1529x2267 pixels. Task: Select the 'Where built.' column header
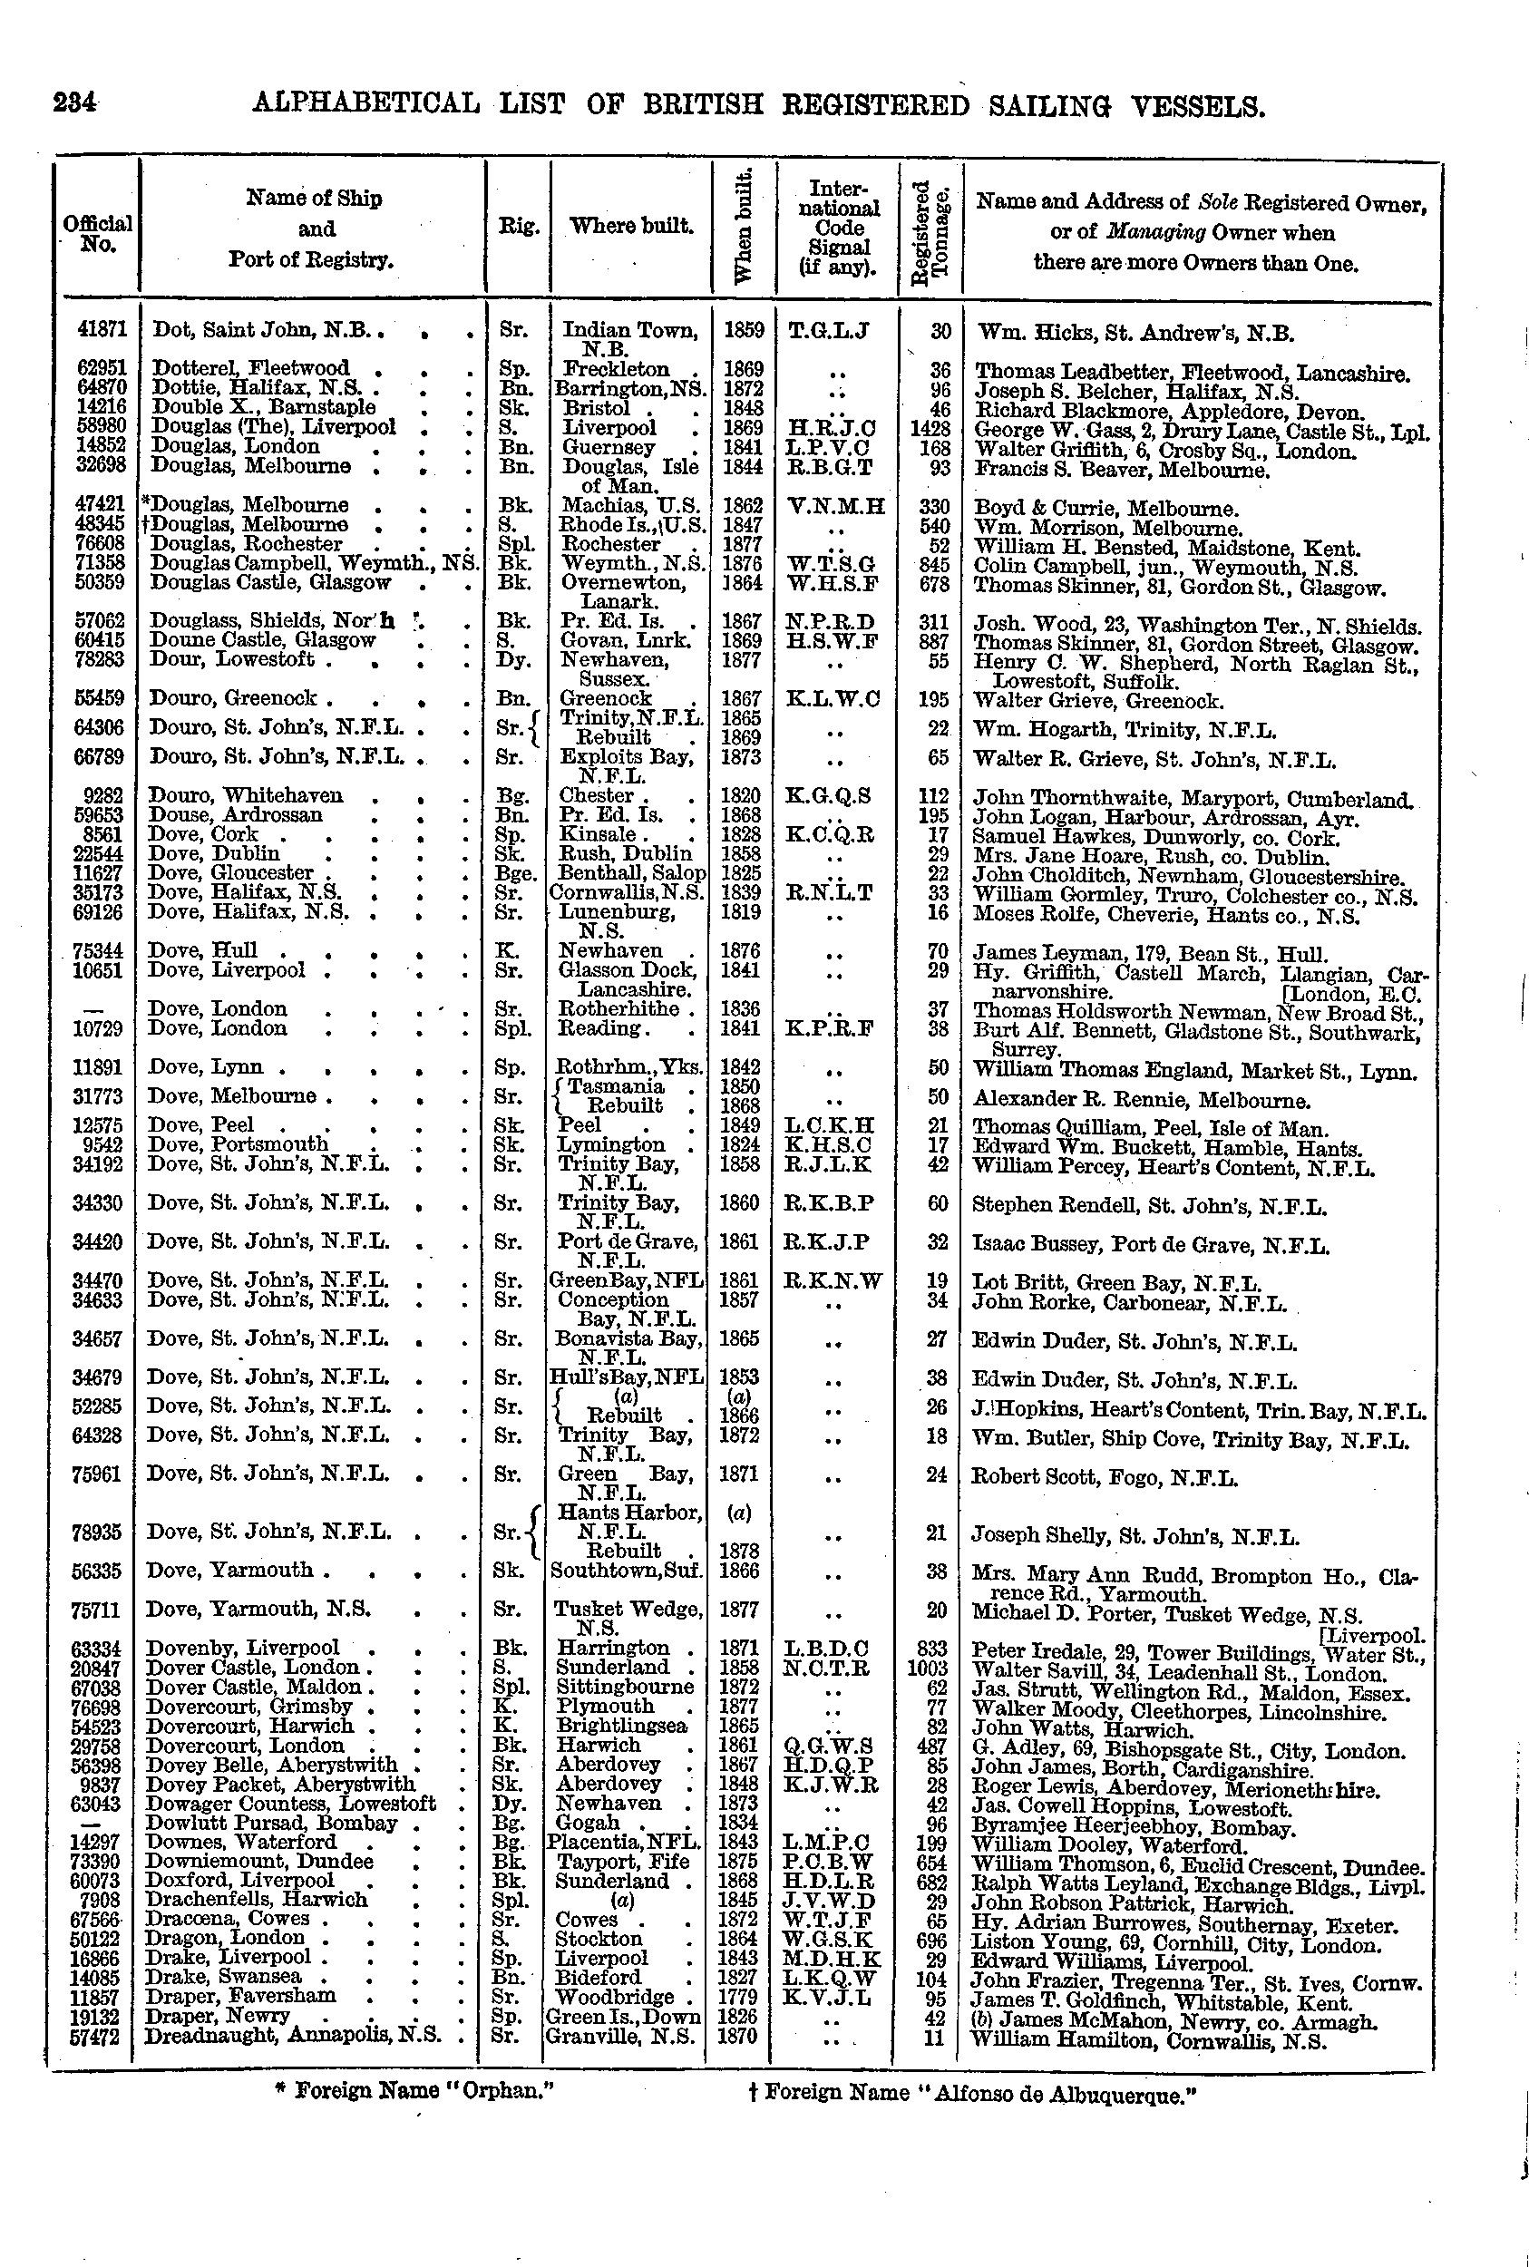click(631, 226)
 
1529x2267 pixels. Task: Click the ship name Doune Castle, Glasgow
click(262, 640)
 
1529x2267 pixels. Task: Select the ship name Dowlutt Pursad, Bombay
click(270, 1824)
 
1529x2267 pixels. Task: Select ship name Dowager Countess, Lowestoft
click(289, 1804)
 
